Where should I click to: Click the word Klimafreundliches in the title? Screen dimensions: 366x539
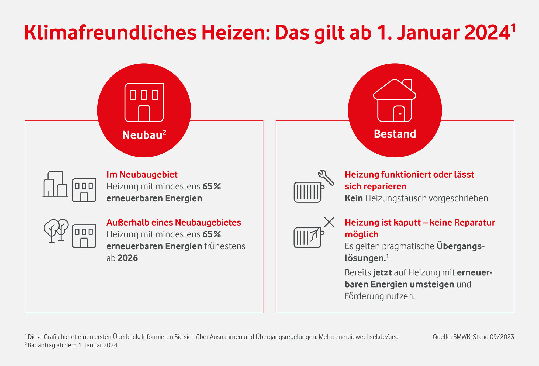point(110,33)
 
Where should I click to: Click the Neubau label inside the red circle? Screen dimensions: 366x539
point(142,135)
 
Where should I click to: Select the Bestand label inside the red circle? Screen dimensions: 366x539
point(395,134)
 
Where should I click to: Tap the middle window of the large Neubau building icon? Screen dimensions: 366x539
point(144,95)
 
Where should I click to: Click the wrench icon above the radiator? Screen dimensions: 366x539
point(326,177)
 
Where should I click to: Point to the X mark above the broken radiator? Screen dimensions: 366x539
point(329,222)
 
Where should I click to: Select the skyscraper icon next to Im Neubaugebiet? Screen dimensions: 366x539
point(55,184)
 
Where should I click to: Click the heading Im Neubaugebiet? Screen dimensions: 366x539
point(142,175)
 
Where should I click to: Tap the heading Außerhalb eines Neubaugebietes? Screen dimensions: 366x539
point(174,223)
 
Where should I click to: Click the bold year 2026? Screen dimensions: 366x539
point(128,258)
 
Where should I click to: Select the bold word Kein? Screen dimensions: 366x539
point(354,198)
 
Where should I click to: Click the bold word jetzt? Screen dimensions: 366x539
point(382,272)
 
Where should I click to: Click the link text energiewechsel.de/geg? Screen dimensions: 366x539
point(367,337)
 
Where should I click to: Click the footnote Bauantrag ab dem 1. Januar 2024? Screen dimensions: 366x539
point(72,345)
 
